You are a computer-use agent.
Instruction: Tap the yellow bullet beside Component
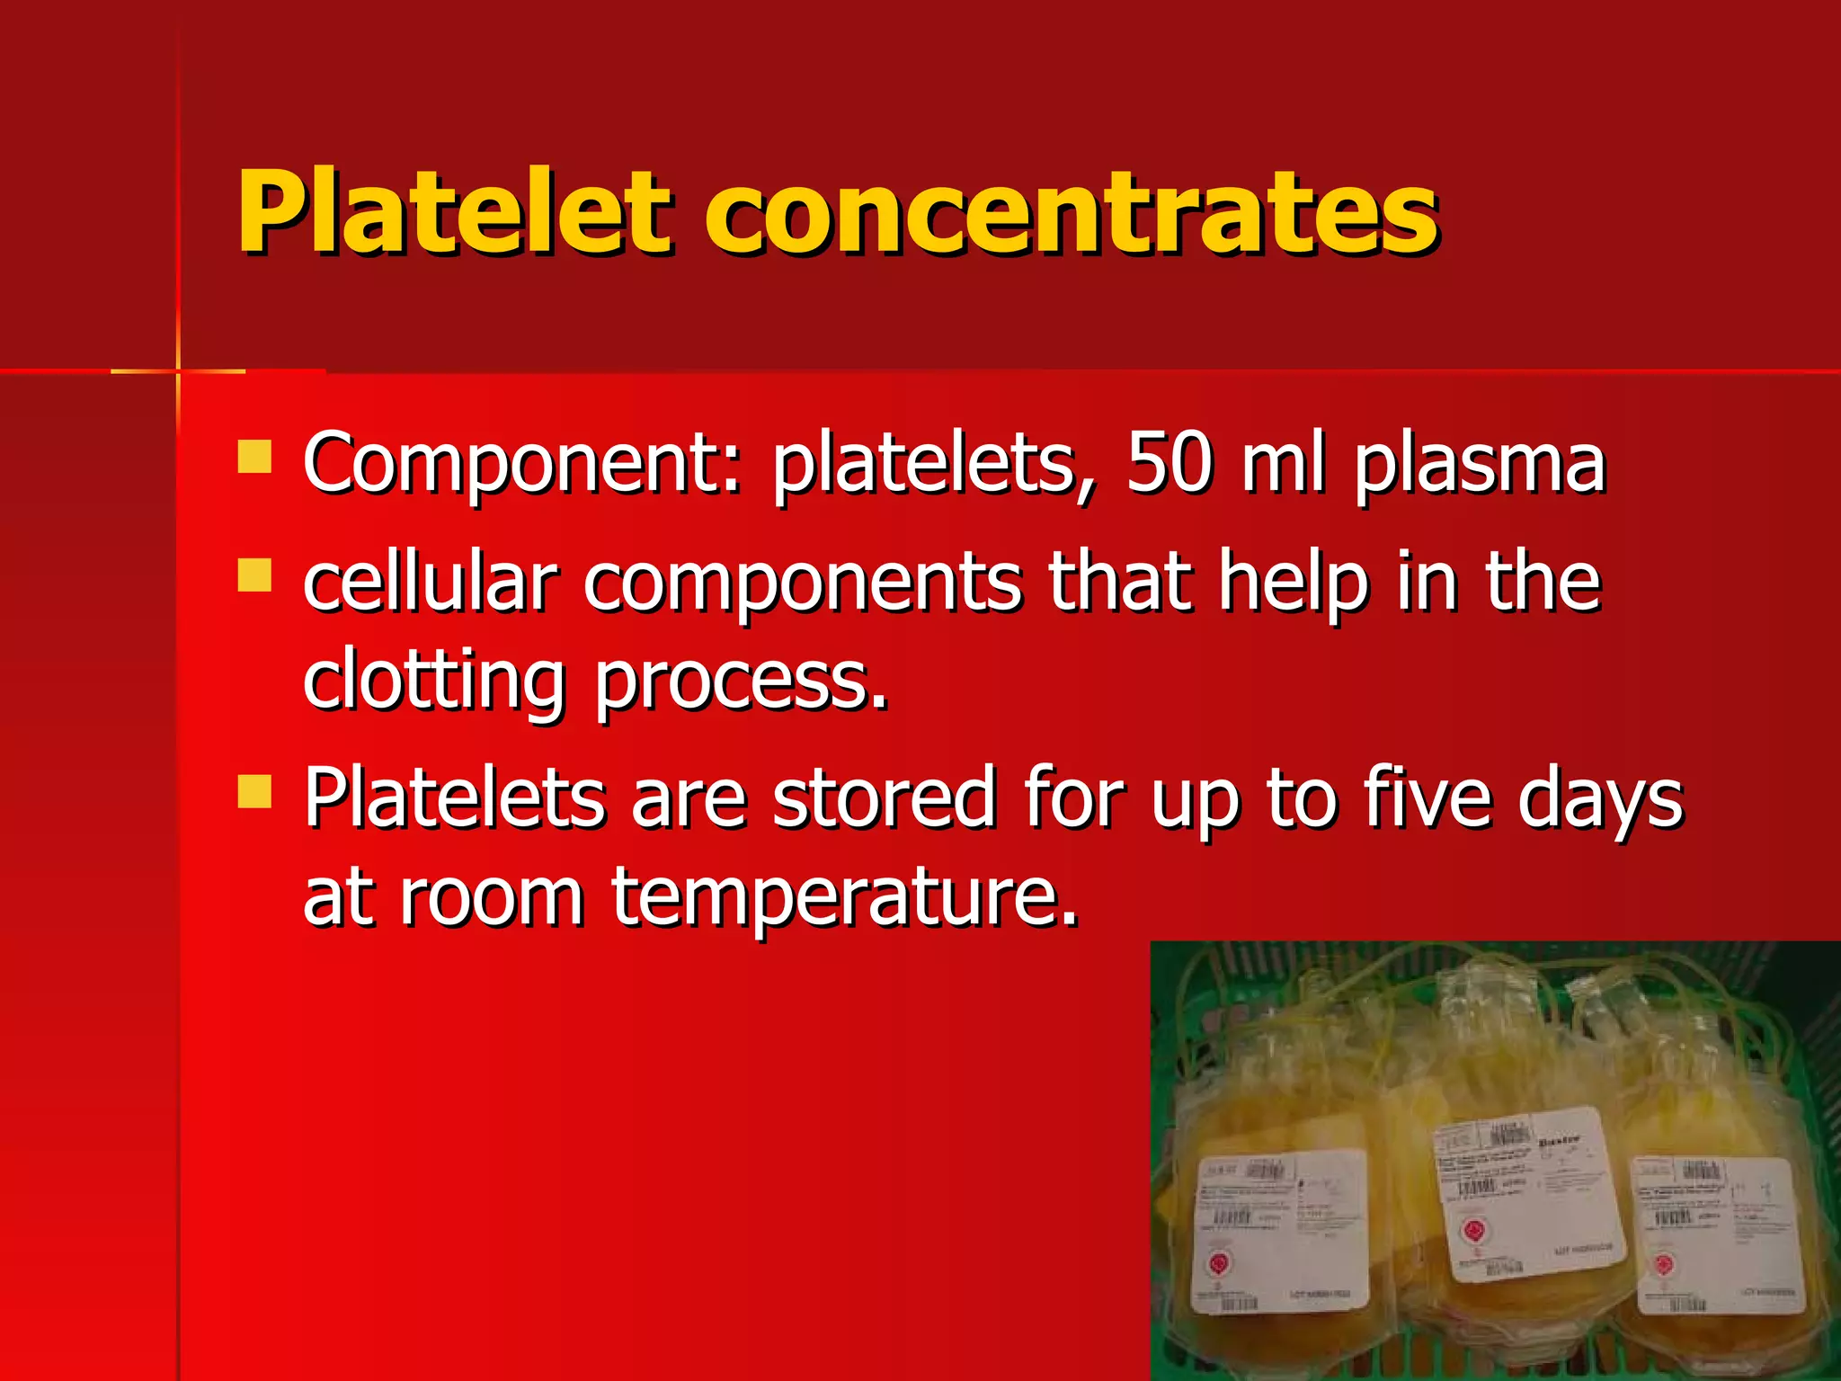(254, 456)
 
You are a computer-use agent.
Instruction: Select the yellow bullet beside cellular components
(254, 575)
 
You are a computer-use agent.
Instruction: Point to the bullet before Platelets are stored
(254, 792)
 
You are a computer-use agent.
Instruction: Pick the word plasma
(1480, 464)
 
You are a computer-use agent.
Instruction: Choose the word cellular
(430, 582)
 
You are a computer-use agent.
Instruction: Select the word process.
(741, 681)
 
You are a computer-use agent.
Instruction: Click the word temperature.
(844, 896)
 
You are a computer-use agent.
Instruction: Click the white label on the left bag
(1281, 1232)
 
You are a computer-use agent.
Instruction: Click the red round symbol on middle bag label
(1473, 1229)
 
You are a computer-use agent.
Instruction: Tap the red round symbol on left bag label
(1220, 1263)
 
